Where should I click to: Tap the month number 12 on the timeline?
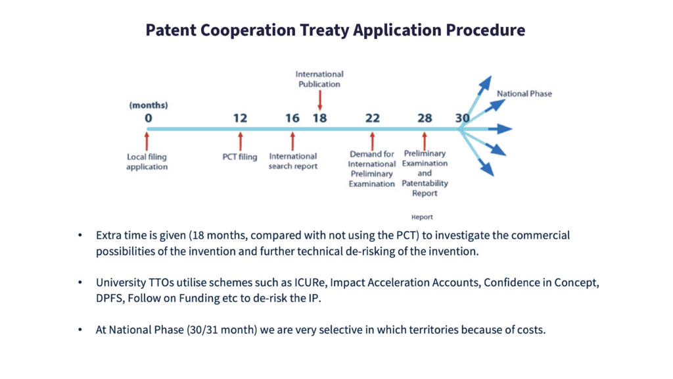click(240, 118)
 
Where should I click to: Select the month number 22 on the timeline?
click(372, 118)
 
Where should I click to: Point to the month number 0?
click(148, 118)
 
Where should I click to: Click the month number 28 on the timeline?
click(425, 118)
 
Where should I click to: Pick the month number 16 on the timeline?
click(292, 118)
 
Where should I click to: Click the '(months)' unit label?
click(149, 105)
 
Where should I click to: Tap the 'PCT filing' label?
click(239, 157)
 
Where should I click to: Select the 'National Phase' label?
click(524, 93)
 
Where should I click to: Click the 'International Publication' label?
click(319, 79)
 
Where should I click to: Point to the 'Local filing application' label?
click(147, 162)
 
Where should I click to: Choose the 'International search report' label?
click(292, 161)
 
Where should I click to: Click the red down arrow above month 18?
click(320, 101)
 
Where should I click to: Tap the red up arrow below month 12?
click(241, 141)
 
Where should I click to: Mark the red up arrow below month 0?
click(147, 141)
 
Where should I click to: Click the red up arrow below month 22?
click(372, 141)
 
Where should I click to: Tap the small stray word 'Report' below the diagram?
click(422, 217)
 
